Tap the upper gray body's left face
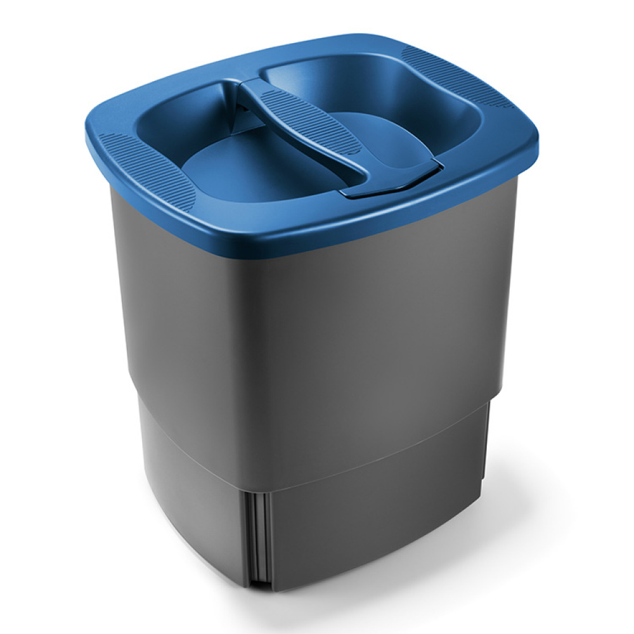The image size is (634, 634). pos(184,304)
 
